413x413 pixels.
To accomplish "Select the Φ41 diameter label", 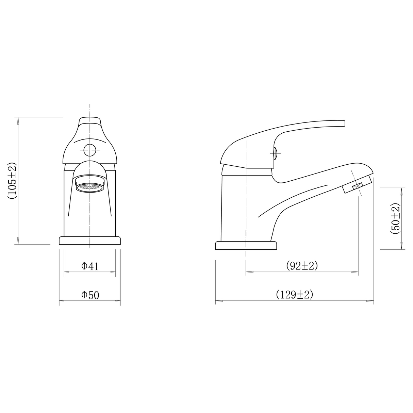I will click(90, 266).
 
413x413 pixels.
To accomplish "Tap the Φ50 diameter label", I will click(90, 295).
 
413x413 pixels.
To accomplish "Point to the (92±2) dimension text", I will click(302, 265).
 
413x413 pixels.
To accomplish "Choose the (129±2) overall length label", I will click(294, 294).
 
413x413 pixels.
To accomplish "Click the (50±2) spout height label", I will click(395, 218).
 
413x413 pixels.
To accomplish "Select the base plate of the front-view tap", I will click(90, 241).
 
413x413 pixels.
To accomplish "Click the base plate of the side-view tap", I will click(246, 246).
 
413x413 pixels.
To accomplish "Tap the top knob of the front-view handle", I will click(90, 121).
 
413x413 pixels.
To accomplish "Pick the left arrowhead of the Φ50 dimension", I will click(62, 301).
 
